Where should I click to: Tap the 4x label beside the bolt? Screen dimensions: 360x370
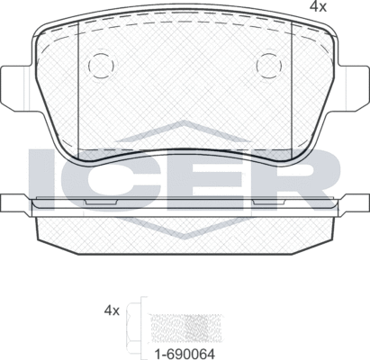112,310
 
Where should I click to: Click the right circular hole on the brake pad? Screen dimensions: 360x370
266,66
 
